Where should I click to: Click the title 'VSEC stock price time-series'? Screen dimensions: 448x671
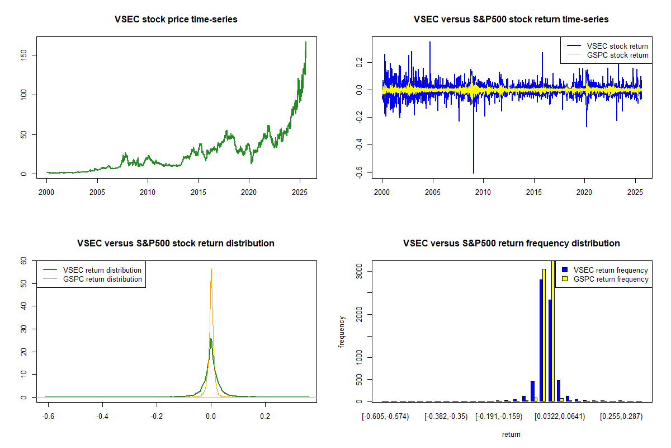(x=176, y=20)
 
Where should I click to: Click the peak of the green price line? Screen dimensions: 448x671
(x=306, y=42)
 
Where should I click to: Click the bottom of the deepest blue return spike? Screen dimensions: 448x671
(x=474, y=173)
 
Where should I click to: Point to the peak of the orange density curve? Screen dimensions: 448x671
(x=211, y=269)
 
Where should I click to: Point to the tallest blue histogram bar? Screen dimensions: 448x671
(x=541, y=336)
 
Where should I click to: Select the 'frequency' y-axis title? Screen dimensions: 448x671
(x=342, y=332)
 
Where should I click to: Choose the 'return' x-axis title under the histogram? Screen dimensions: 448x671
(x=511, y=434)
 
